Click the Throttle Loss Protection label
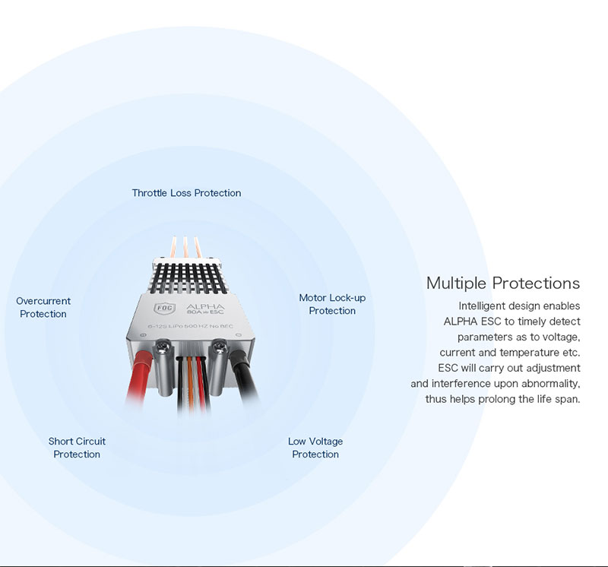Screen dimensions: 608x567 pos(186,193)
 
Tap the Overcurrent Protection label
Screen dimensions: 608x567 pos(43,307)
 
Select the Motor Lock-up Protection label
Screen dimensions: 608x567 pos(332,304)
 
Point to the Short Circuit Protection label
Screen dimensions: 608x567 pos(77,448)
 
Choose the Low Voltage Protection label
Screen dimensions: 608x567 pos(315,448)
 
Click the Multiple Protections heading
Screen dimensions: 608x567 pos(503,283)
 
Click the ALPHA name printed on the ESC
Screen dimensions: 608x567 pos(205,306)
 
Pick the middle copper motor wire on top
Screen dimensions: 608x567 pos(185,249)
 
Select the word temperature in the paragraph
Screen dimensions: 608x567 pos(529,353)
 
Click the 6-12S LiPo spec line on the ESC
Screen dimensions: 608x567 pos(191,326)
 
